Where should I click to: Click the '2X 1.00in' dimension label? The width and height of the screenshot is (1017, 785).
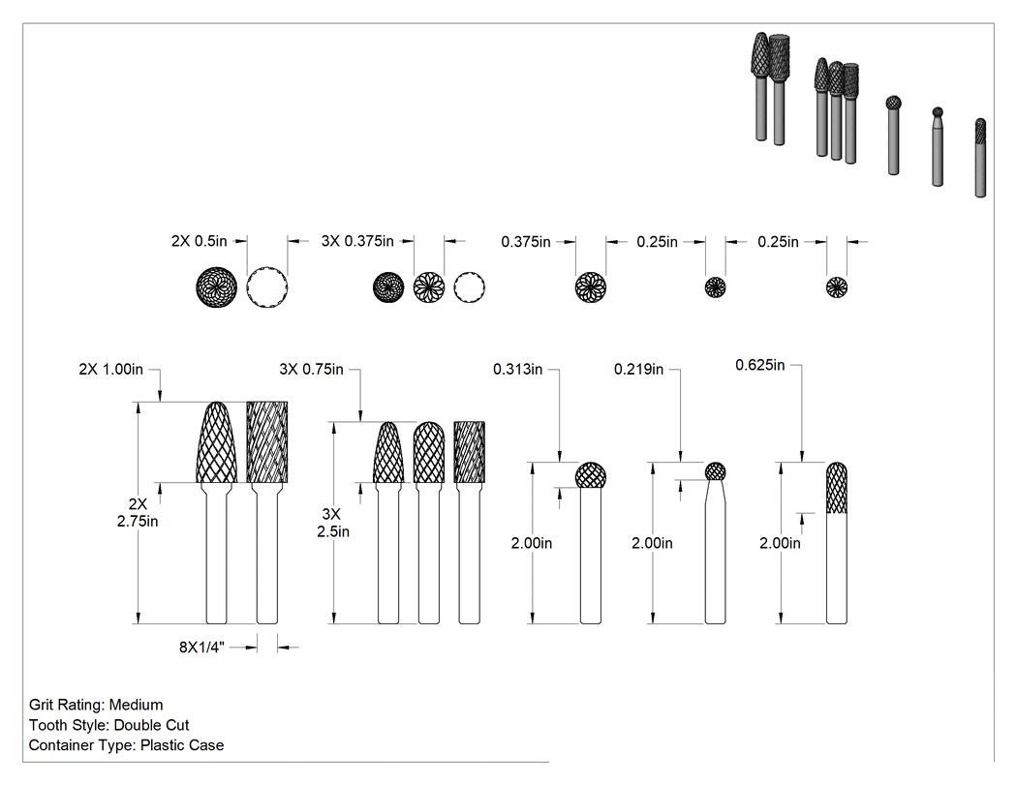pyautogui.click(x=111, y=370)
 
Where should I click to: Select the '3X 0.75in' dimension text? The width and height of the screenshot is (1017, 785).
pyautogui.click(x=311, y=370)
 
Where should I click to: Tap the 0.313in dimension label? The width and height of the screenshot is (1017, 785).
pyautogui.click(x=517, y=370)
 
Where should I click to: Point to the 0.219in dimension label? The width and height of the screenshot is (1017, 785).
pyautogui.click(x=639, y=370)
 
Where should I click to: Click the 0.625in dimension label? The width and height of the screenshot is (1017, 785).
pyautogui.click(x=760, y=365)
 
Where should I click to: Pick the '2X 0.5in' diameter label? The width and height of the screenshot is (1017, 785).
pyautogui.click(x=200, y=241)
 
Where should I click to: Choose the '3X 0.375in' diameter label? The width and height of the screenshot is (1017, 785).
pyautogui.click(x=357, y=241)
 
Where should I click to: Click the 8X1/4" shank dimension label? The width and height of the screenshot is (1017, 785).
pyautogui.click(x=201, y=647)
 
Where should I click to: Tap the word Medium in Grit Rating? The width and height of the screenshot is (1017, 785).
pyautogui.click(x=137, y=705)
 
